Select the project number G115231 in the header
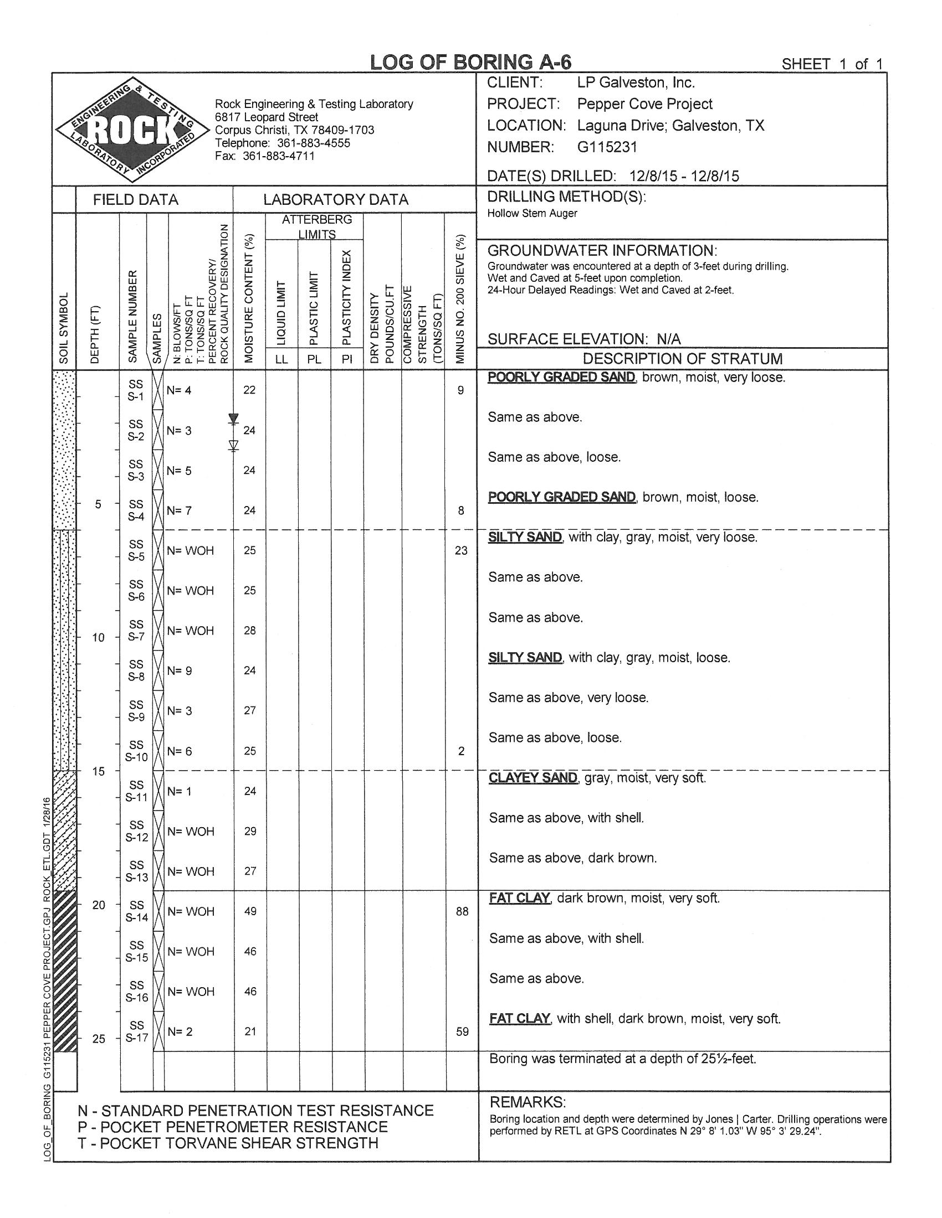607,147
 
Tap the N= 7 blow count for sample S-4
179,510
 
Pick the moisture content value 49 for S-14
250,911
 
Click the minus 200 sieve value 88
462,911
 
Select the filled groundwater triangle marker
234,418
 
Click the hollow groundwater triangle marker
234,445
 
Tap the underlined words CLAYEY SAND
533,777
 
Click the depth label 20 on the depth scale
98,905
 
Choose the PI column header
347,359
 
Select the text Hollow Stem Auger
532,213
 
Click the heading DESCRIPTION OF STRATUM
683,359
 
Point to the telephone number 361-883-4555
314,143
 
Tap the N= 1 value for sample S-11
179,791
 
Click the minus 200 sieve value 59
462,1032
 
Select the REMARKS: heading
528,1102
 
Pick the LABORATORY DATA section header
336,200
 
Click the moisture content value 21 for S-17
250,1032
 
